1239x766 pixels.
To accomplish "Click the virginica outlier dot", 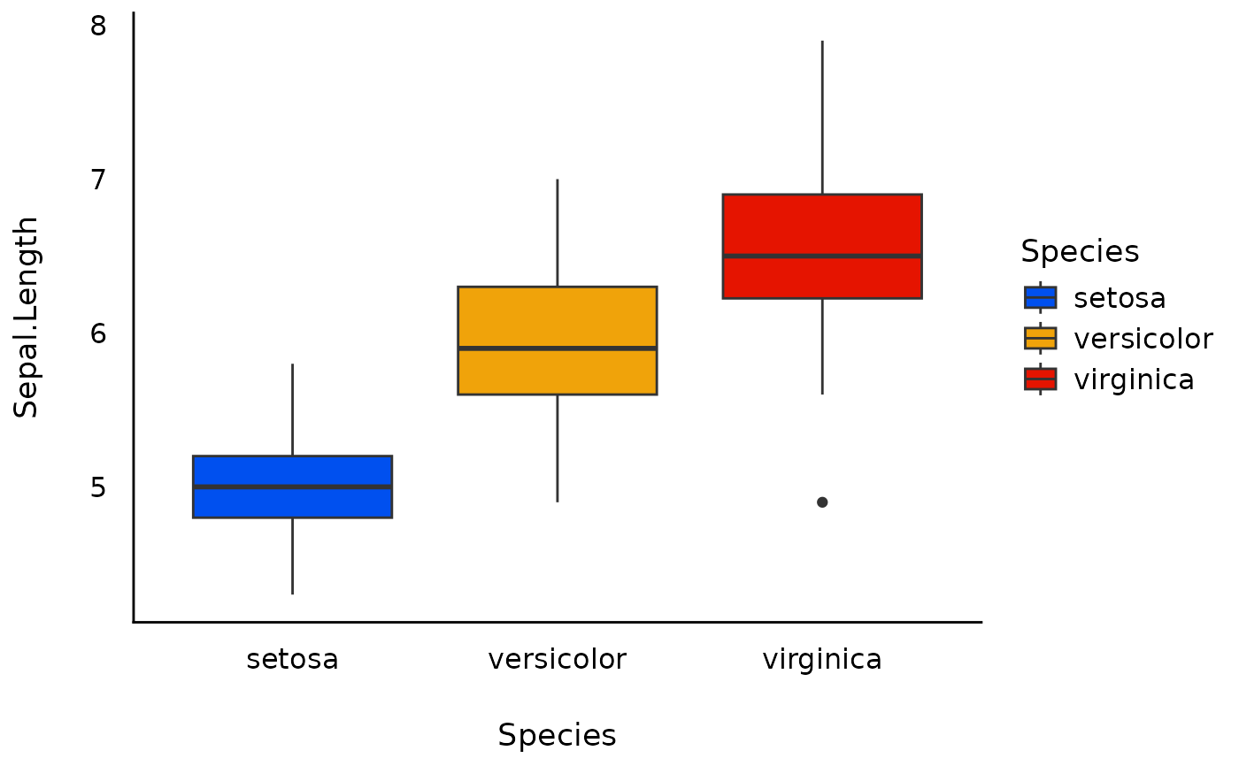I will point(822,502).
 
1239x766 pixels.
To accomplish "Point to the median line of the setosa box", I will point(292,486).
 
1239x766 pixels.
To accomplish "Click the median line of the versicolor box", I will point(557,349).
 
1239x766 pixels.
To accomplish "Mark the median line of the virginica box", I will point(822,256).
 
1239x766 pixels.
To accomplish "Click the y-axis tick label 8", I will point(98,26).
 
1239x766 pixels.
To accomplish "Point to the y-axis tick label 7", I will point(98,180).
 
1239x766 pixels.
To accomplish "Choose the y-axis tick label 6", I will point(98,333).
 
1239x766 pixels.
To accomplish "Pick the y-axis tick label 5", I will point(98,487).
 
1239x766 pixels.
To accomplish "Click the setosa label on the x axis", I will point(292,660).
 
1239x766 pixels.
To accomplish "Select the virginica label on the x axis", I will point(822,660).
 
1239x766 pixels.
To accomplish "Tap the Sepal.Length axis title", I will point(27,317).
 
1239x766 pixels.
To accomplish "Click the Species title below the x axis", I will point(557,736).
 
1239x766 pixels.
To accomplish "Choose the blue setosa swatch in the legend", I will point(1040,297).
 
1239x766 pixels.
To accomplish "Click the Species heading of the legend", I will point(1080,252).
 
